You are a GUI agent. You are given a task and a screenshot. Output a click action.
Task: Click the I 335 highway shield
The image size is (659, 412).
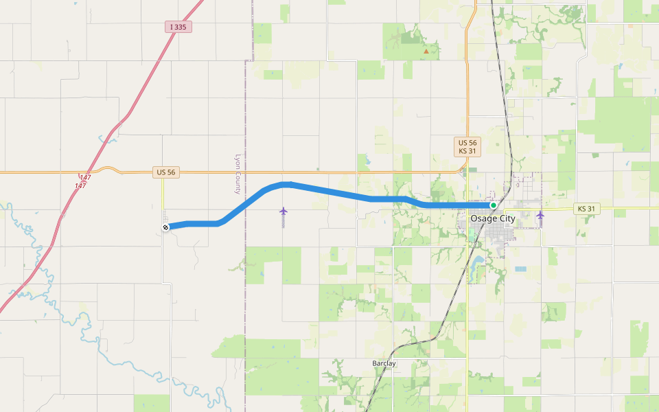point(178,27)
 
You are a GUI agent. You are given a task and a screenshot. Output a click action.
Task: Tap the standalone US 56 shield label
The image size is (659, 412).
point(166,172)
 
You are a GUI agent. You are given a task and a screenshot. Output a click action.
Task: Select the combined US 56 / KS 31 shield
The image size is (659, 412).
point(467,146)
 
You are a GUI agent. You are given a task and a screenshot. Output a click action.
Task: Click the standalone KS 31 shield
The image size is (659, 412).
point(587,209)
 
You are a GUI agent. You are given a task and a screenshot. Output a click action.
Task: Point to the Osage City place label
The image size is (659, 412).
point(492,218)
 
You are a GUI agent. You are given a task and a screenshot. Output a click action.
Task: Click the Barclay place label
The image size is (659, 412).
point(384,363)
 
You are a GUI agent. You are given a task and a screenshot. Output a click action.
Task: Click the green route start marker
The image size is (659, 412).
point(493,205)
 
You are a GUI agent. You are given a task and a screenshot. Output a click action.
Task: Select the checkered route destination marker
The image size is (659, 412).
point(165,227)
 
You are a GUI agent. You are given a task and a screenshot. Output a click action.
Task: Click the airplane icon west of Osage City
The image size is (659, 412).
point(283,211)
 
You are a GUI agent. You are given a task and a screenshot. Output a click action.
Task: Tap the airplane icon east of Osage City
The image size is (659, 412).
point(540,215)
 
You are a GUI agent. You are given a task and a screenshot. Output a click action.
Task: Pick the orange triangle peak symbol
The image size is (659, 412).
point(426,51)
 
